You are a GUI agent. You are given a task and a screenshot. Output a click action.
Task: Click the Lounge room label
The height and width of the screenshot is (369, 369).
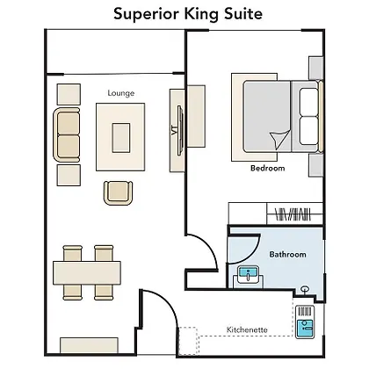[x=121, y=93]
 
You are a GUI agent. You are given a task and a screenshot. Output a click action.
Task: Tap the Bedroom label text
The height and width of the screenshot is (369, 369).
[x=268, y=168]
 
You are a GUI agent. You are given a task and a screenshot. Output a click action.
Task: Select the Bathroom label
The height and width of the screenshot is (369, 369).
[x=287, y=254]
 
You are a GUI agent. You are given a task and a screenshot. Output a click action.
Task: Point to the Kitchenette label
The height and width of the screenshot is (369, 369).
[x=247, y=329]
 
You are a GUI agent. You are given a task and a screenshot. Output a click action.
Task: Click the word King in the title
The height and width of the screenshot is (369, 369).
[x=201, y=15]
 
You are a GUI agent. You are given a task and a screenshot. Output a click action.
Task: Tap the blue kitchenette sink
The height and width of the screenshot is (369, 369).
[x=305, y=329]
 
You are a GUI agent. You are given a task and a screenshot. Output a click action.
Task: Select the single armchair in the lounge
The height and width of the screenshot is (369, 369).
[x=118, y=192]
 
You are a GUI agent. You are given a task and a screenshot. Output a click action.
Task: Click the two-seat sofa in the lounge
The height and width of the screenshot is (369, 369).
[x=67, y=134]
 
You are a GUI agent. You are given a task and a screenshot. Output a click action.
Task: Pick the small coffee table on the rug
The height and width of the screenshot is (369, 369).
[x=121, y=138]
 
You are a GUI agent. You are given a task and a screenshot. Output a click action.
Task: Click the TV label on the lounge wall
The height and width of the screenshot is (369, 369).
[x=175, y=130]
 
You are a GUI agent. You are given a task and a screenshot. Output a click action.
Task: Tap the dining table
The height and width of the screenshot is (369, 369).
[x=87, y=273]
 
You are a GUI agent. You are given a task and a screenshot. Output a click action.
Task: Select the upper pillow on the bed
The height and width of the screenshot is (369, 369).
[x=308, y=102]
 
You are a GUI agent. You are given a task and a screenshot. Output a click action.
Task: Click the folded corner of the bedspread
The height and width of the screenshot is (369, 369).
[x=279, y=139]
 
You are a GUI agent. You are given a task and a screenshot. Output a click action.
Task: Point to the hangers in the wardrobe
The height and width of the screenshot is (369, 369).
[x=293, y=214]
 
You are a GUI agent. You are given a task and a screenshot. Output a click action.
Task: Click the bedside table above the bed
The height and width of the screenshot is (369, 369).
[x=316, y=68]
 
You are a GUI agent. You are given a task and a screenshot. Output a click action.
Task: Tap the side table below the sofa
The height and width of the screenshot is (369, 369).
[x=69, y=175]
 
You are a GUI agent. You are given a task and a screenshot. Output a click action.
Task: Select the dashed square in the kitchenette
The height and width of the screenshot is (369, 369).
[x=188, y=340]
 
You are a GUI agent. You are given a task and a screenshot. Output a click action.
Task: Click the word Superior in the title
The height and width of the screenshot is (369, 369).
[x=148, y=15]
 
